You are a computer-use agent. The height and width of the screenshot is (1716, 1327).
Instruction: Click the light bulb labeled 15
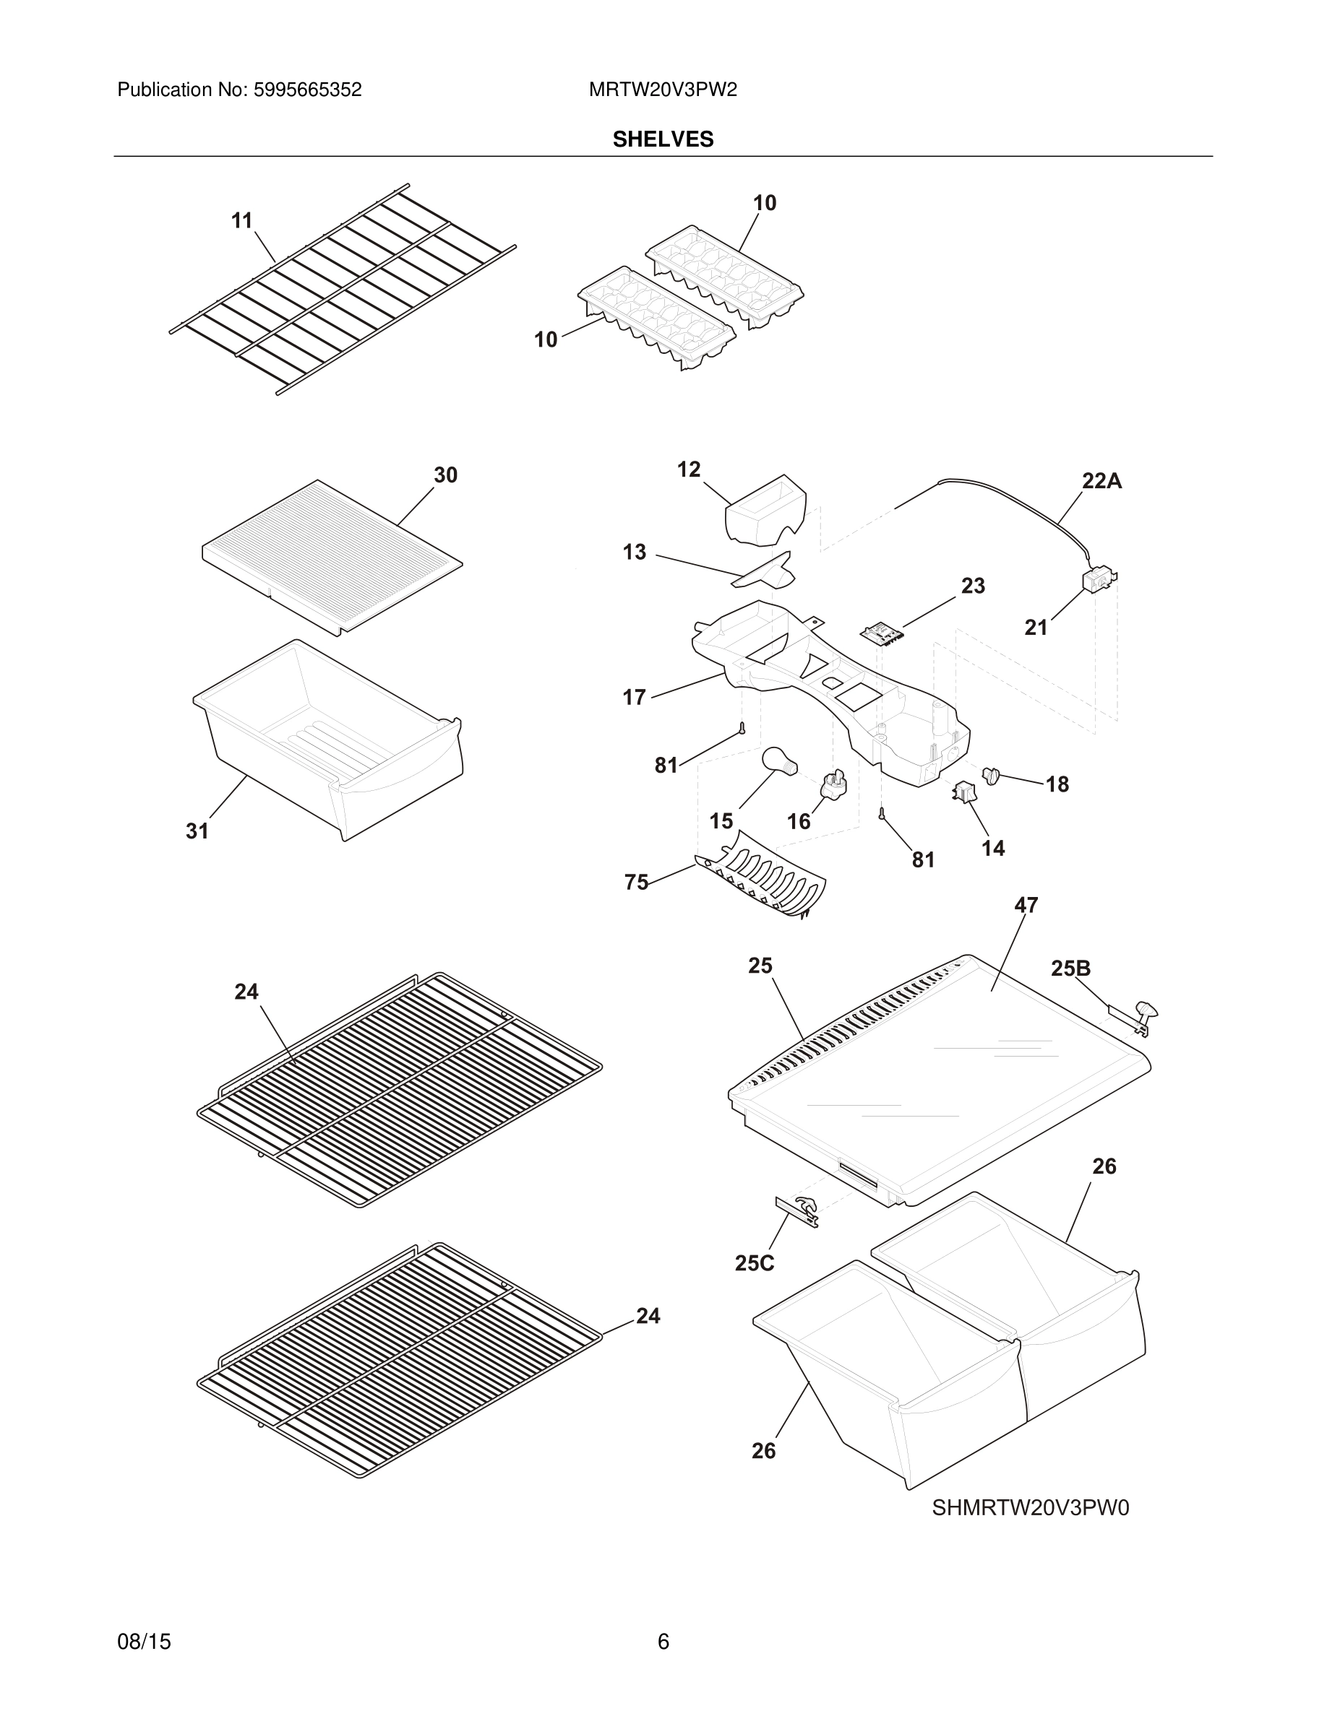coord(778,762)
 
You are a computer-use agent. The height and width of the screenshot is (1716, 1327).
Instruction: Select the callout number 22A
coord(1101,481)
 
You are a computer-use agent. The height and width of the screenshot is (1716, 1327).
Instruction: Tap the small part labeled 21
coord(1098,581)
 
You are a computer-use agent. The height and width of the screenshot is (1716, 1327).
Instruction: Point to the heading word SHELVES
coord(663,139)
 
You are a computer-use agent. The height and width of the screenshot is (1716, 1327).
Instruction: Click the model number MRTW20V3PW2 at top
coord(663,90)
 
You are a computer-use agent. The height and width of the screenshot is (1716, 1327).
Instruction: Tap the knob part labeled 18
coord(990,776)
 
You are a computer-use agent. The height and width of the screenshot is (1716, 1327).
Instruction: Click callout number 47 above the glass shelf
coord(1025,905)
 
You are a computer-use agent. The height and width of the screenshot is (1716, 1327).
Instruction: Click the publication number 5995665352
coord(306,90)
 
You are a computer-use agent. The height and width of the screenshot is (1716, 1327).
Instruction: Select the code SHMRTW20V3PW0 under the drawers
coord(1030,1508)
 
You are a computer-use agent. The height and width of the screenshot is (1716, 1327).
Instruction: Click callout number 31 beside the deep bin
coord(197,831)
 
